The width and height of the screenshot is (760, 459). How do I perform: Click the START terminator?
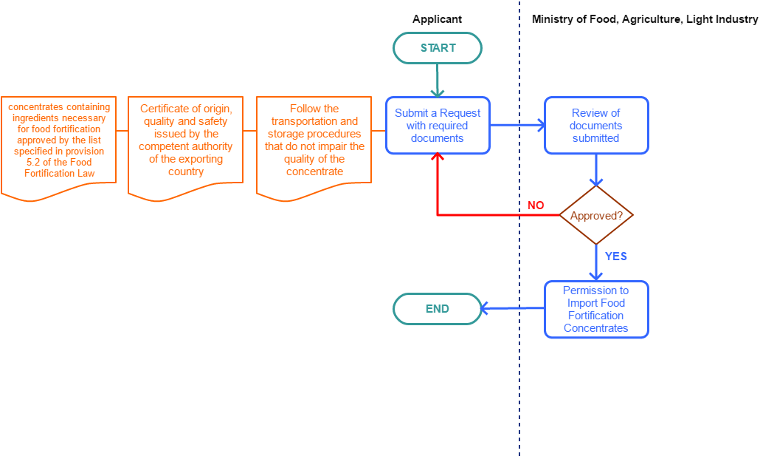coord(438,48)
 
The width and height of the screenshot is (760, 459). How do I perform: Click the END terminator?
coord(437,309)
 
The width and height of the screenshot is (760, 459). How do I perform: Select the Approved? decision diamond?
coord(596,216)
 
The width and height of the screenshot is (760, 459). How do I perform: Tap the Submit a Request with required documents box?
coord(438,126)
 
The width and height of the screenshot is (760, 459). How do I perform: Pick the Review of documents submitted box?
coord(596,126)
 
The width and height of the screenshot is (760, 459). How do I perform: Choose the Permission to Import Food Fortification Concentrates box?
coord(596,310)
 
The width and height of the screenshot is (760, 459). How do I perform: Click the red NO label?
coord(536,205)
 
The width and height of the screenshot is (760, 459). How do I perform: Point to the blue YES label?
coord(616,256)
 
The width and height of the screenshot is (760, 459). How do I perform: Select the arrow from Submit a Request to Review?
coord(517,126)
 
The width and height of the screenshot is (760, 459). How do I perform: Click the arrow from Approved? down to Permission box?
coord(596,263)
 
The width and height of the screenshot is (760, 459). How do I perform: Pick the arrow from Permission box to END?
coord(513,309)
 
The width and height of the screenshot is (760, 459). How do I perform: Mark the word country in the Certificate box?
coord(185,171)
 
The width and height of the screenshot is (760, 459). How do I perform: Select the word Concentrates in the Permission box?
coord(596,328)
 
